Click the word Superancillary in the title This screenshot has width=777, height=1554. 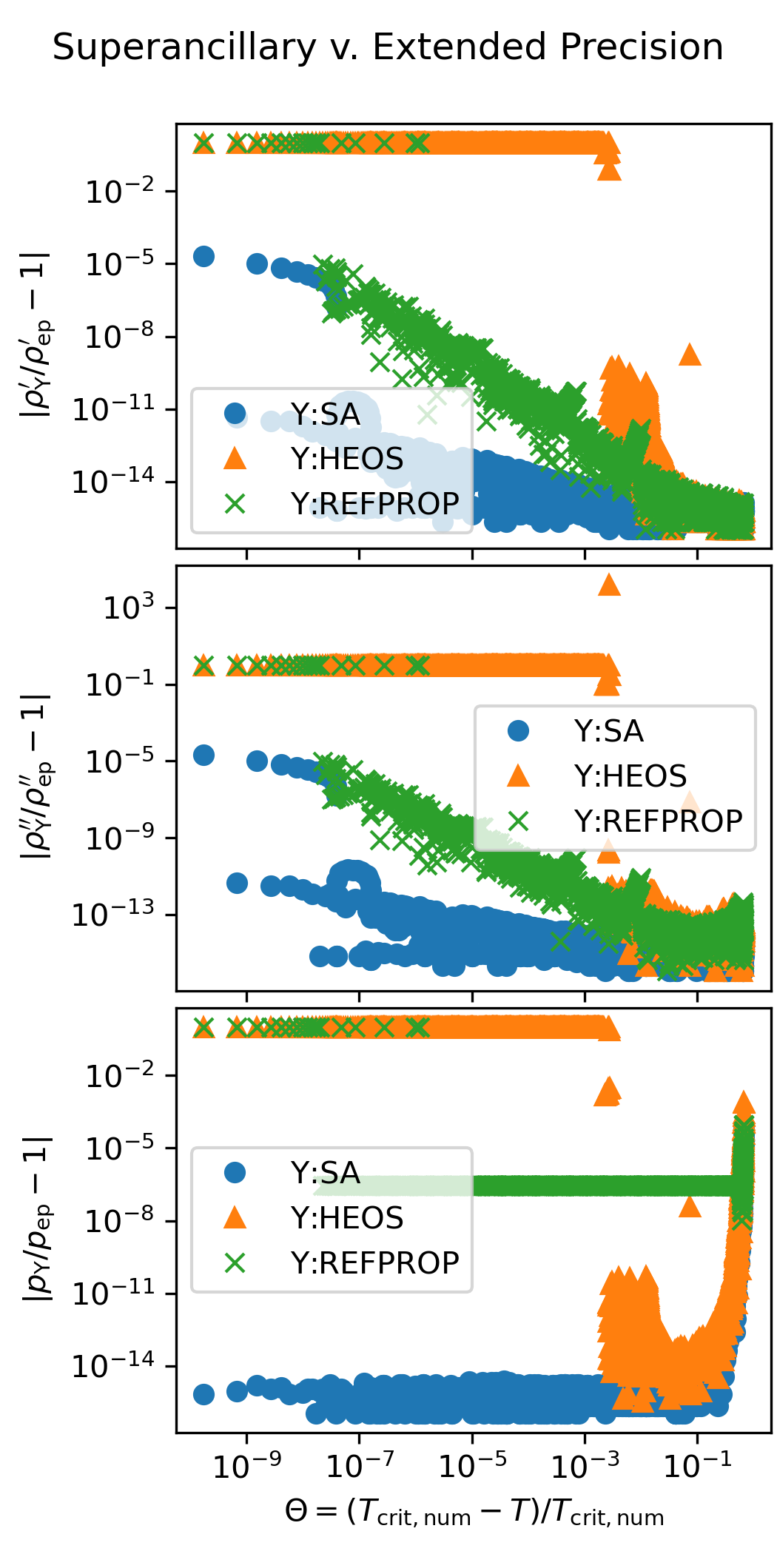[184, 48]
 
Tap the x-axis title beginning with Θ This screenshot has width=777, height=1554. [474, 1513]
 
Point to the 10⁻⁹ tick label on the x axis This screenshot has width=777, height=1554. [246, 1466]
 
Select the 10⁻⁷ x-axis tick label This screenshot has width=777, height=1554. [360, 1466]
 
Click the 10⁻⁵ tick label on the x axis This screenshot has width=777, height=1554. [472, 1466]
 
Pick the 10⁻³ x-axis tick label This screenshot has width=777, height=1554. [585, 1466]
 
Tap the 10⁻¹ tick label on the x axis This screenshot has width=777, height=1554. [697, 1466]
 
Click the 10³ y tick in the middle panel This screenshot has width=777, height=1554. [129, 609]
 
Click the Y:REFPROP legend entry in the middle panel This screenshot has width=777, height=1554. [658, 821]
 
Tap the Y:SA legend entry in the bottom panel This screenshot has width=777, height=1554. [325, 1173]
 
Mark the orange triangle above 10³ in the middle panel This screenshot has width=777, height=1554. [609, 585]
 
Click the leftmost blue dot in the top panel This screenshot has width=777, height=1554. [203, 257]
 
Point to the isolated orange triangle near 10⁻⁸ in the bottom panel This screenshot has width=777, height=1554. [690, 1207]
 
